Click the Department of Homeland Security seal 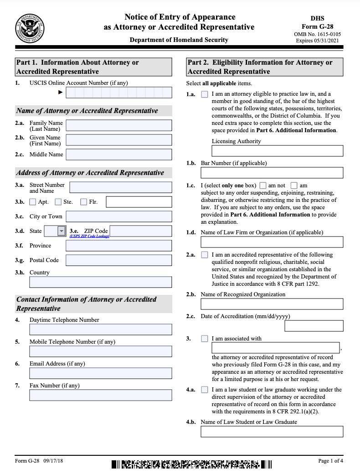tap(30, 28)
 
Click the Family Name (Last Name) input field tap(118, 125)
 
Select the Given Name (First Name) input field tap(118, 140)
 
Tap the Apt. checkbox tap(33, 202)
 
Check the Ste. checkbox tap(58, 202)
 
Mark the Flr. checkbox tap(83, 202)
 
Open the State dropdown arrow tap(62, 231)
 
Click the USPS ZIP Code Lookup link tap(89, 236)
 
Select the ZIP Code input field tap(141, 231)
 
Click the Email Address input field tap(101, 373)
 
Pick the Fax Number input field tap(101, 395)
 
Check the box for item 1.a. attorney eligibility tap(205, 94)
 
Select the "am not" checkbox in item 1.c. tap(263, 185)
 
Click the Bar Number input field tap(272, 173)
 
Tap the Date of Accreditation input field tap(314, 326)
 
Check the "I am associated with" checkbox tap(205, 339)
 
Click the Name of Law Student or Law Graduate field tap(272, 432)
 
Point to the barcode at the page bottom tap(191, 465)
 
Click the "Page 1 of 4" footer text tap(331, 461)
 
